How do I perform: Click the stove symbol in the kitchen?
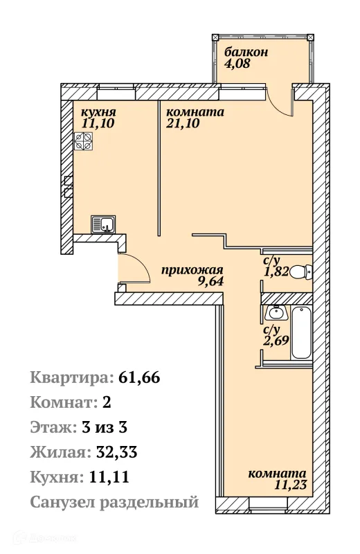click(x=84, y=142)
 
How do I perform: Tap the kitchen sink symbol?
click(x=103, y=224)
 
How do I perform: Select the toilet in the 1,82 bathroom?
click(x=299, y=272)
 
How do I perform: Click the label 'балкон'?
click(x=245, y=53)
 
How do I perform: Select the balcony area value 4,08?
click(x=236, y=66)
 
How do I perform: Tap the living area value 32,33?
click(x=115, y=453)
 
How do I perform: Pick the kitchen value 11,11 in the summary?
click(x=106, y=477)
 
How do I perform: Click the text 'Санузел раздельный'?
click(x=114, y=502)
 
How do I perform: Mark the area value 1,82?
click(x=276, y=272)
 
